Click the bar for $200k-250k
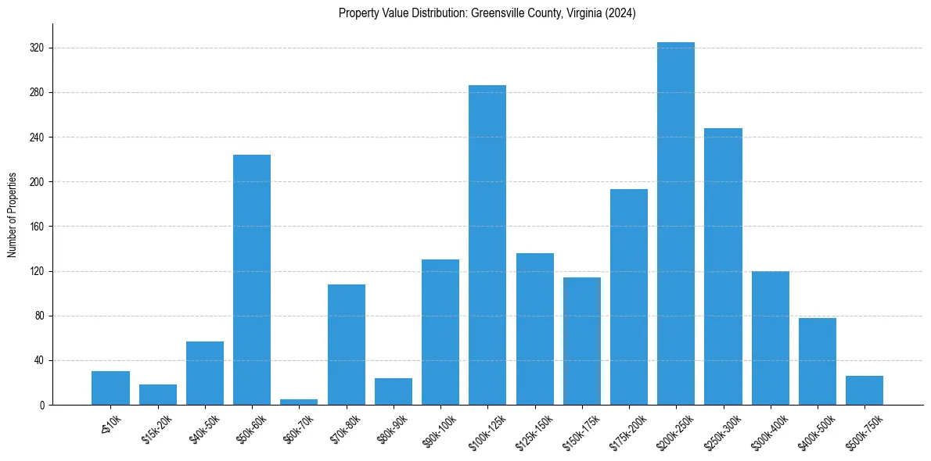point(676,223)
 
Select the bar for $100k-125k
point(487,245)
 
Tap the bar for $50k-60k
point(252,280)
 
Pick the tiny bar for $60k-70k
point(299,402)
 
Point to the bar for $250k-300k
point(723,266)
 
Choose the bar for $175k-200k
point(629,297)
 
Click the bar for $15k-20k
point(158,395)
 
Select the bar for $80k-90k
point(394,391)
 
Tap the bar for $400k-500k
point(818,361)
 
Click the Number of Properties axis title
point(13,215)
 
